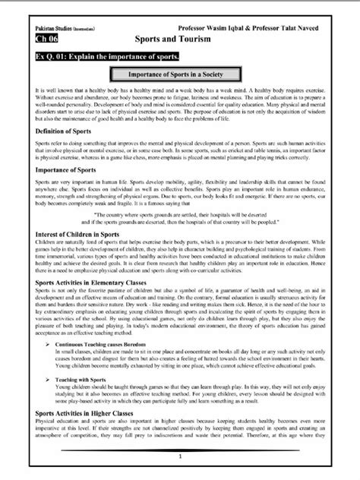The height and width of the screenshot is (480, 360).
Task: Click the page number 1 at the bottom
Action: pyautogui.click(x=180, y=456)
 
